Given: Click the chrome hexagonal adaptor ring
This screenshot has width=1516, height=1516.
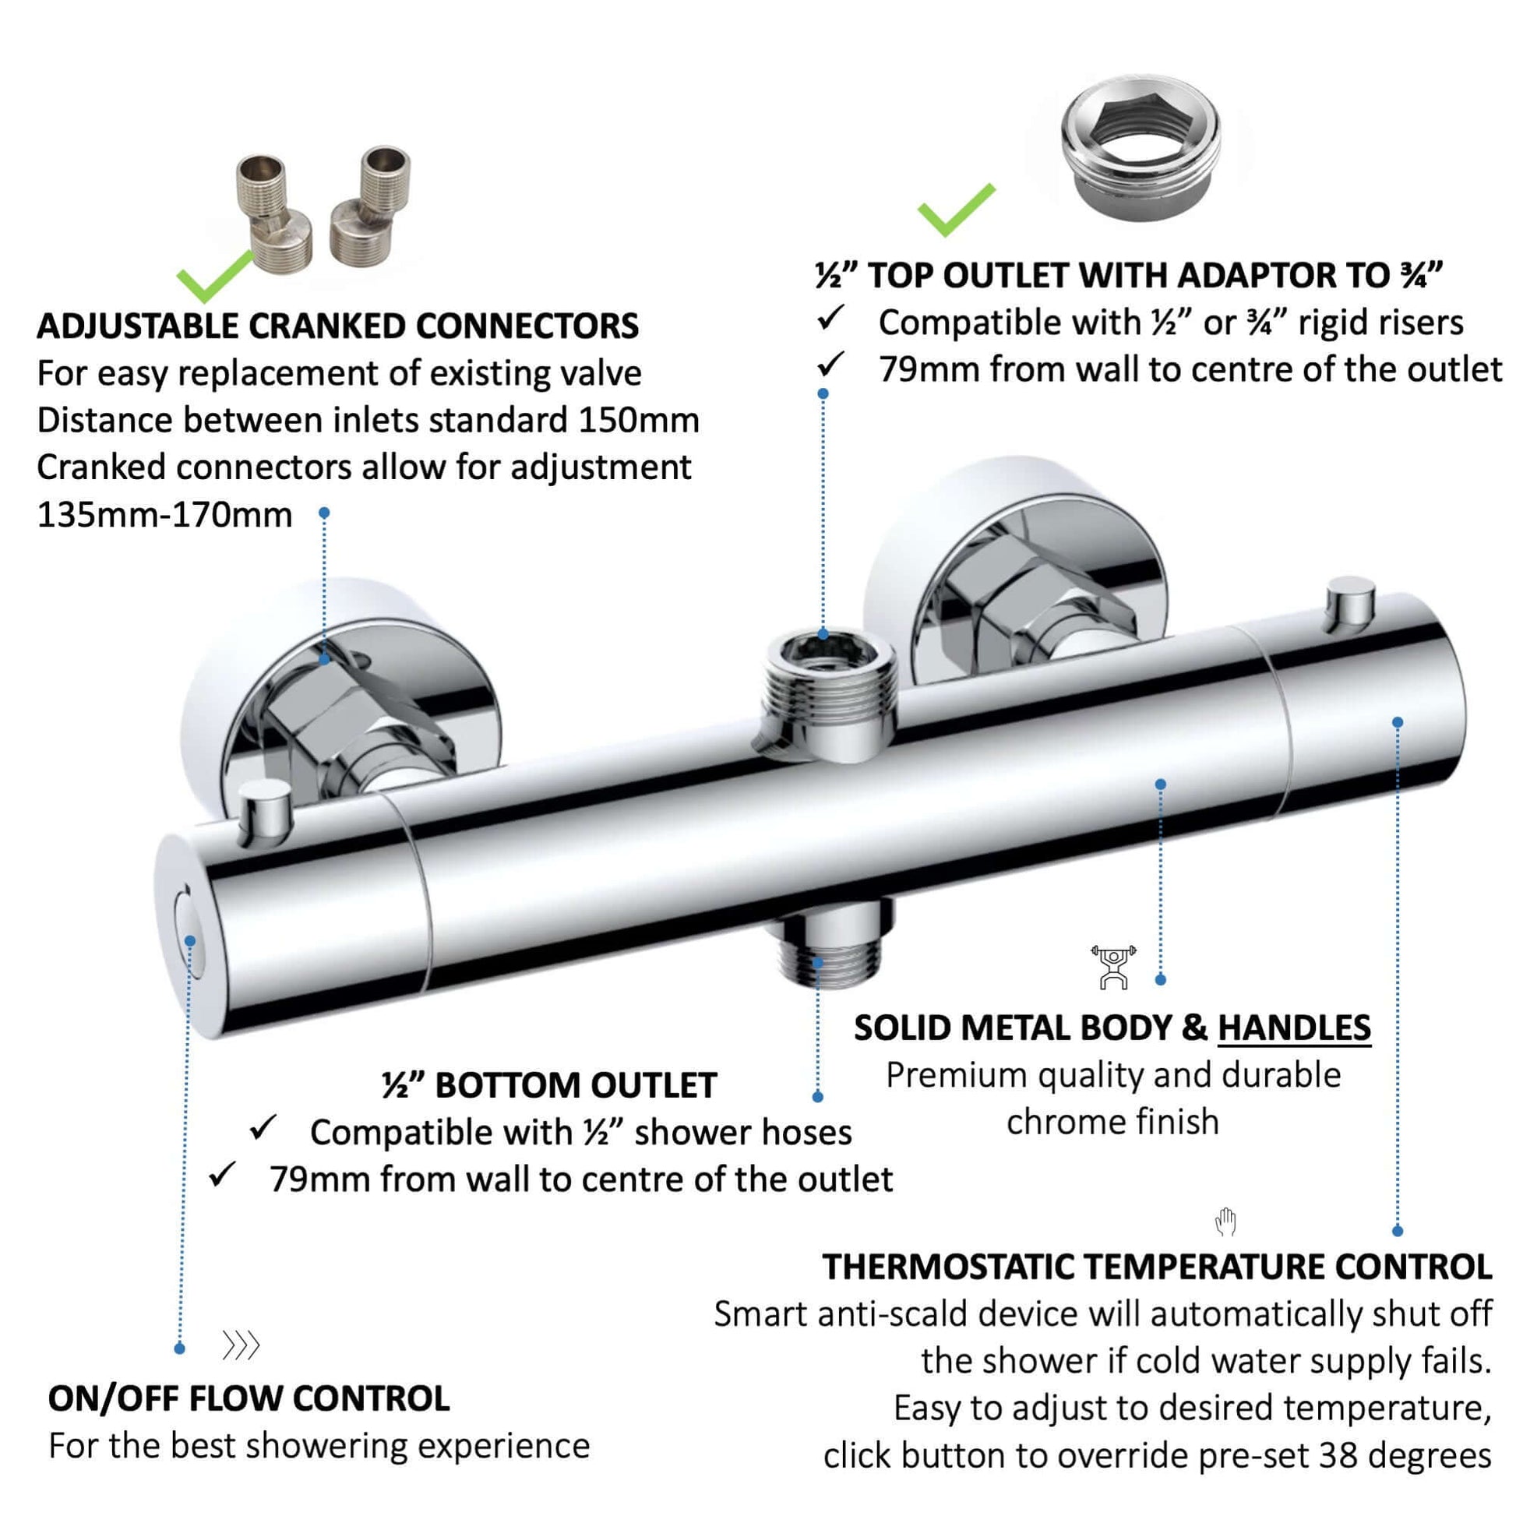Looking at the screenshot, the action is click(1142, 147).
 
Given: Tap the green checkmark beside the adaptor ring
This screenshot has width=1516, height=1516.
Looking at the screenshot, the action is click(957, 210).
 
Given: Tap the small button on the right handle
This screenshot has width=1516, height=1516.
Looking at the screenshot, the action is click(1350, 605).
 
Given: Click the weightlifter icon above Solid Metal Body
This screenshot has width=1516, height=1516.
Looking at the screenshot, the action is click(1112, 968).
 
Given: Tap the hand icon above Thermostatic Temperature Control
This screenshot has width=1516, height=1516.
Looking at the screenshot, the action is click(1225, 1222).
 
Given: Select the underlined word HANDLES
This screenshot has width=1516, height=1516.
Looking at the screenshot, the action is click(1294, 1028).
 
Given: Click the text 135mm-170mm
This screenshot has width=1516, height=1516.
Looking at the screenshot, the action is click(165, 516).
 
